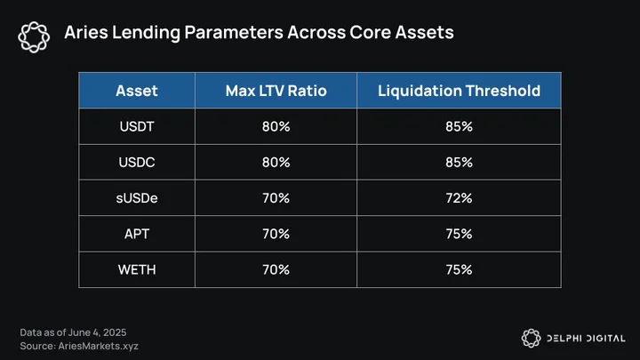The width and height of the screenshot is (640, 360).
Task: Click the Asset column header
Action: (x=137, y=91)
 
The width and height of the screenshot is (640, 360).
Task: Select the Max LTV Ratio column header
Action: (x=276, y=91)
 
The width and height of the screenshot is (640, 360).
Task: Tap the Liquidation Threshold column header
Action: (x=459, y=91)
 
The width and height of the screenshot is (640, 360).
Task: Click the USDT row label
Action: (x=137, y=126)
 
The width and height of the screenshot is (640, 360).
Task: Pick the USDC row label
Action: (x=137, y=163)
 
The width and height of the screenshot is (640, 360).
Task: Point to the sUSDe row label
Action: (x=137, y=198)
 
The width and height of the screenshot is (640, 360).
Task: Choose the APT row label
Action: (x=137, y=234)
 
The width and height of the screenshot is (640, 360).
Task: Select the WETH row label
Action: (x=137, y=270)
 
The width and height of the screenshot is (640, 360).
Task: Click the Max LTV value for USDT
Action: (x=276, y=126)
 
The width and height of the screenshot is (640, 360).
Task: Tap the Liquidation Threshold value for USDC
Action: (x=459, y=163)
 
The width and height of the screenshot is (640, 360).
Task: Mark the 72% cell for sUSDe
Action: (x=459, y=198)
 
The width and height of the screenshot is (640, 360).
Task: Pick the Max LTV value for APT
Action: (x=276, y=234)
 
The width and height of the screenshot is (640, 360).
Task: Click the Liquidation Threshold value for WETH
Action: (x=459, y=270)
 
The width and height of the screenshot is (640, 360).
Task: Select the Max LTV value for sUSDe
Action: (x=276, y=198)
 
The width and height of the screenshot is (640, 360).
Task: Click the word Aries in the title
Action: (x=86, y=32)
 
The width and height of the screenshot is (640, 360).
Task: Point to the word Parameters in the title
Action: (x=234, y=32)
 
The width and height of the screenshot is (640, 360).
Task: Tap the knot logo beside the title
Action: (x=34, y=37)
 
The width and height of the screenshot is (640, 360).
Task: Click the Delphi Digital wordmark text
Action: (x=586, y=339)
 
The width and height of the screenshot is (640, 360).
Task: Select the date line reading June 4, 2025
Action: (x=73, y=332)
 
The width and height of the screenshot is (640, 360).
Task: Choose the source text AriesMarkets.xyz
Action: (x=99, y=346)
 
